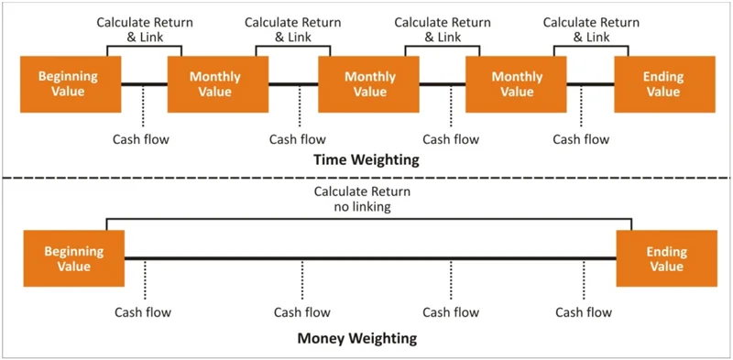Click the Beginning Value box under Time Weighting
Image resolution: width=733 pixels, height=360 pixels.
click(69, 84)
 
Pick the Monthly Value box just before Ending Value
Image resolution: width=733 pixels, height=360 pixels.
click(517, 84)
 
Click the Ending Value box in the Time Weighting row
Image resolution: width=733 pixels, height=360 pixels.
click(664, 84)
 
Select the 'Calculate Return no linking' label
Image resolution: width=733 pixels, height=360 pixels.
click(362, 200)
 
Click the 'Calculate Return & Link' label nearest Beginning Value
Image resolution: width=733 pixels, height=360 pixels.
click(141, 29)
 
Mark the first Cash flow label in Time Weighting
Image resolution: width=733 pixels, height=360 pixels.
click(141, 139)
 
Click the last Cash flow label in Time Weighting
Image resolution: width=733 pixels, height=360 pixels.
click(581, 139)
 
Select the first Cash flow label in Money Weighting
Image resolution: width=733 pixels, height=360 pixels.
click(142, 312)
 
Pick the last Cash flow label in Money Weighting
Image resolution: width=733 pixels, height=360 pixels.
click(584, 312)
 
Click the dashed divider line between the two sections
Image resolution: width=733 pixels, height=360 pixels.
click(366, 178)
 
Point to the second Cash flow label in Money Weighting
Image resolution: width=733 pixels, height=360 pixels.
click(301, 312)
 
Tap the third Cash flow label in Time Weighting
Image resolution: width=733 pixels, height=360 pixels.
click(450, 139)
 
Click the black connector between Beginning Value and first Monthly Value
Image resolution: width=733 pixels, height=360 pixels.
click(144, 85)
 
